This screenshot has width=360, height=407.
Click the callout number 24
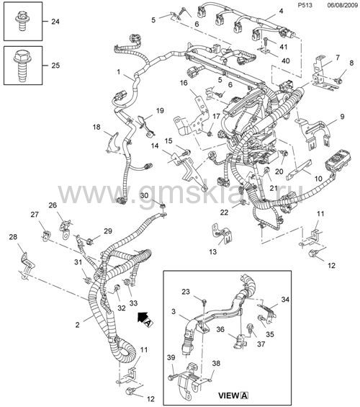55,22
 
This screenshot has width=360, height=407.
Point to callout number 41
283,47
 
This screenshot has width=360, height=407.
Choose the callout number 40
285,61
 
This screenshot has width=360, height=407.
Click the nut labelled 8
338,81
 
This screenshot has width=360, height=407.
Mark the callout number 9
342,117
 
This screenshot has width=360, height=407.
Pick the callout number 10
318,179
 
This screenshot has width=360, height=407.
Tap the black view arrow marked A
145,318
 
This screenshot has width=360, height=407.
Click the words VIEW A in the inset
233,395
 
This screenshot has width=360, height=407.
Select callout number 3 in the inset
174,311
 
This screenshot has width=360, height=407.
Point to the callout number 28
13,237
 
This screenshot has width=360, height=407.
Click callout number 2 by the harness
77,324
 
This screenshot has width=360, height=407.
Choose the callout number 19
160,111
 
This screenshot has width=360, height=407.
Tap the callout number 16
184,83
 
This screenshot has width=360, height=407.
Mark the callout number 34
285,300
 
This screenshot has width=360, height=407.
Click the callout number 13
212,252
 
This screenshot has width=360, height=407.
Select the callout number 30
144,195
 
